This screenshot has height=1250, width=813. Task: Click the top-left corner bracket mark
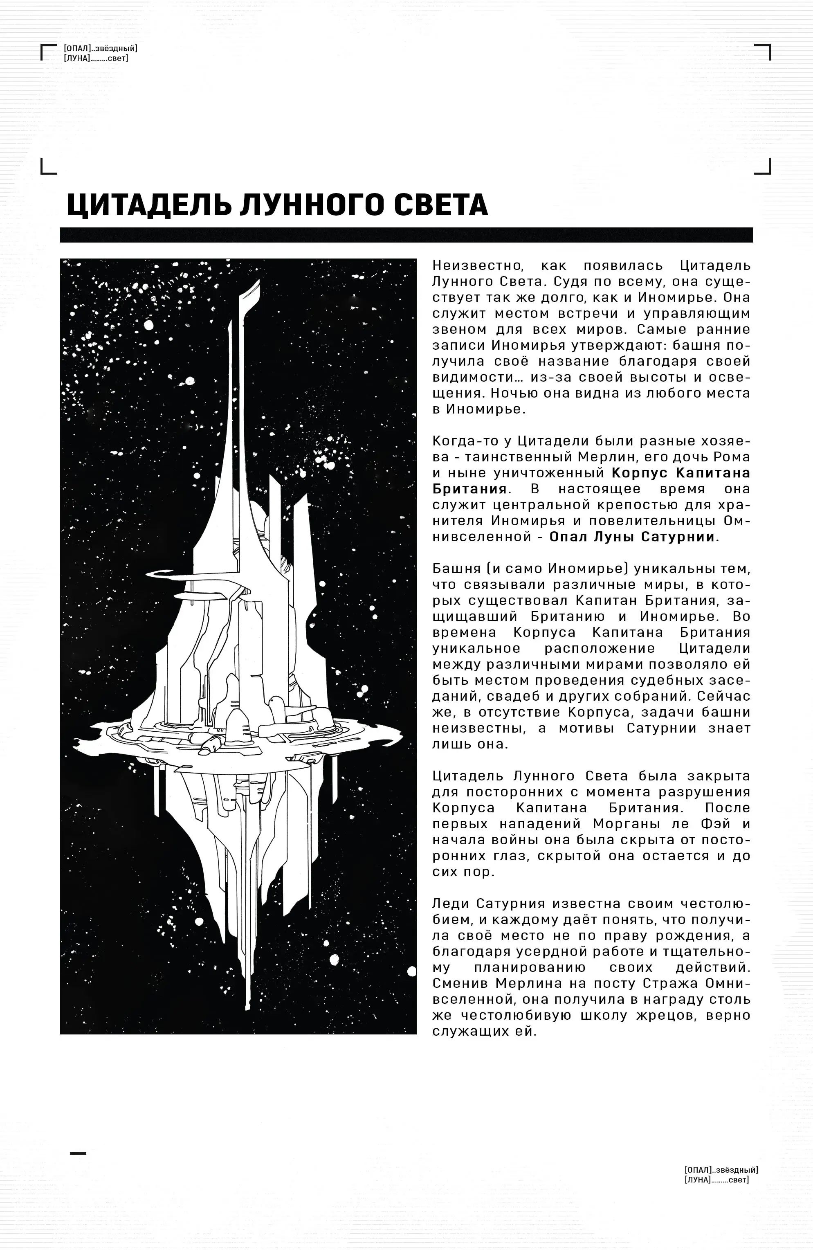click(x=48, y=52)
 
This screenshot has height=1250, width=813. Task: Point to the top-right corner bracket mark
click(x=763, y=52)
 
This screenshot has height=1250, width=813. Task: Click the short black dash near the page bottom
click(x=78, y=1153)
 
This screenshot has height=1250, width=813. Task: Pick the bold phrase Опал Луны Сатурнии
click(x=632, y=537)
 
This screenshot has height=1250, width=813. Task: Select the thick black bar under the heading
click(x=406, y=235)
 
